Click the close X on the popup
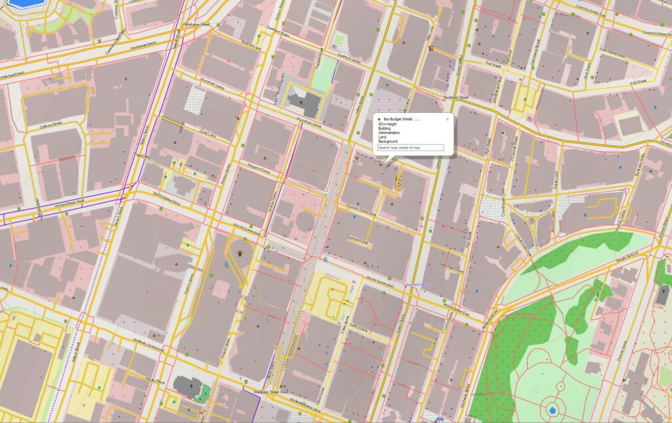pyautogui.click(x=447, y=120)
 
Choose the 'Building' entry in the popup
pyautogui.click(x=385, y=129)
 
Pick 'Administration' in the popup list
pyautogui.click(x=389, y=133)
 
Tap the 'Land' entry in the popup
pyautogui.click(x=382, y=137)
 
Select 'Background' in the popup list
pyautogui.click(x=388, y=141)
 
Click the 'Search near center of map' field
pyautogui.click(x=411, y=148)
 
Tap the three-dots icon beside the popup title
pyautogui.click(x=417, y=120)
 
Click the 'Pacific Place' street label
pyautogui.click(x=156, y=380)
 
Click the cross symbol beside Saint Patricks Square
pyautogui.click(x=302, y=102)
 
